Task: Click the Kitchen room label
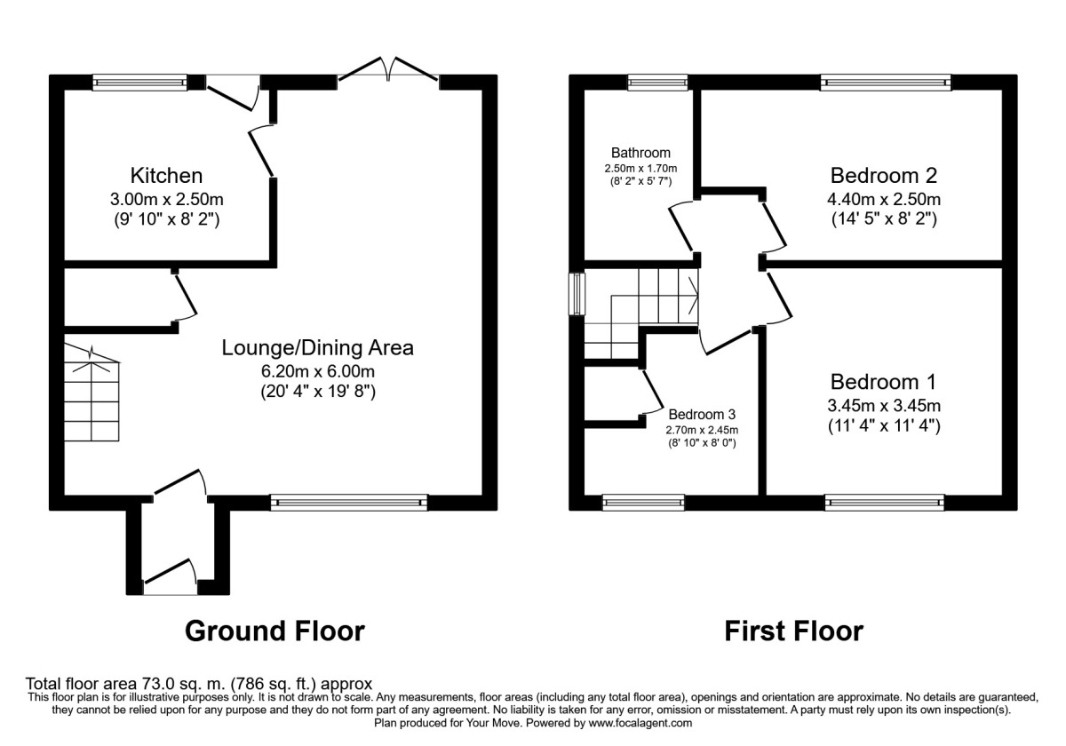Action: [x=167, y=176]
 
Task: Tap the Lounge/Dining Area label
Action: [x=318, y=347]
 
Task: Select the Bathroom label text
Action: [x=640, y=153]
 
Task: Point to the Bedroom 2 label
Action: [x=884, y=175]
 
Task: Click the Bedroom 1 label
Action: [x=884, y=382]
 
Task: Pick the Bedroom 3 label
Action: [x=702, y=414]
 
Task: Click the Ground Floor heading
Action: [x=274, y=631]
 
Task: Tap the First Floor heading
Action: [x=793, y=631]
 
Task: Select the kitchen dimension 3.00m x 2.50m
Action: [x=167, y=198]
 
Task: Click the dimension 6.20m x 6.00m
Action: [x=318, y=370]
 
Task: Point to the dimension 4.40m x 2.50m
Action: [x=884, y=198]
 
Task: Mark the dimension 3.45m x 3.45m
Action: [x=884, y=406]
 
